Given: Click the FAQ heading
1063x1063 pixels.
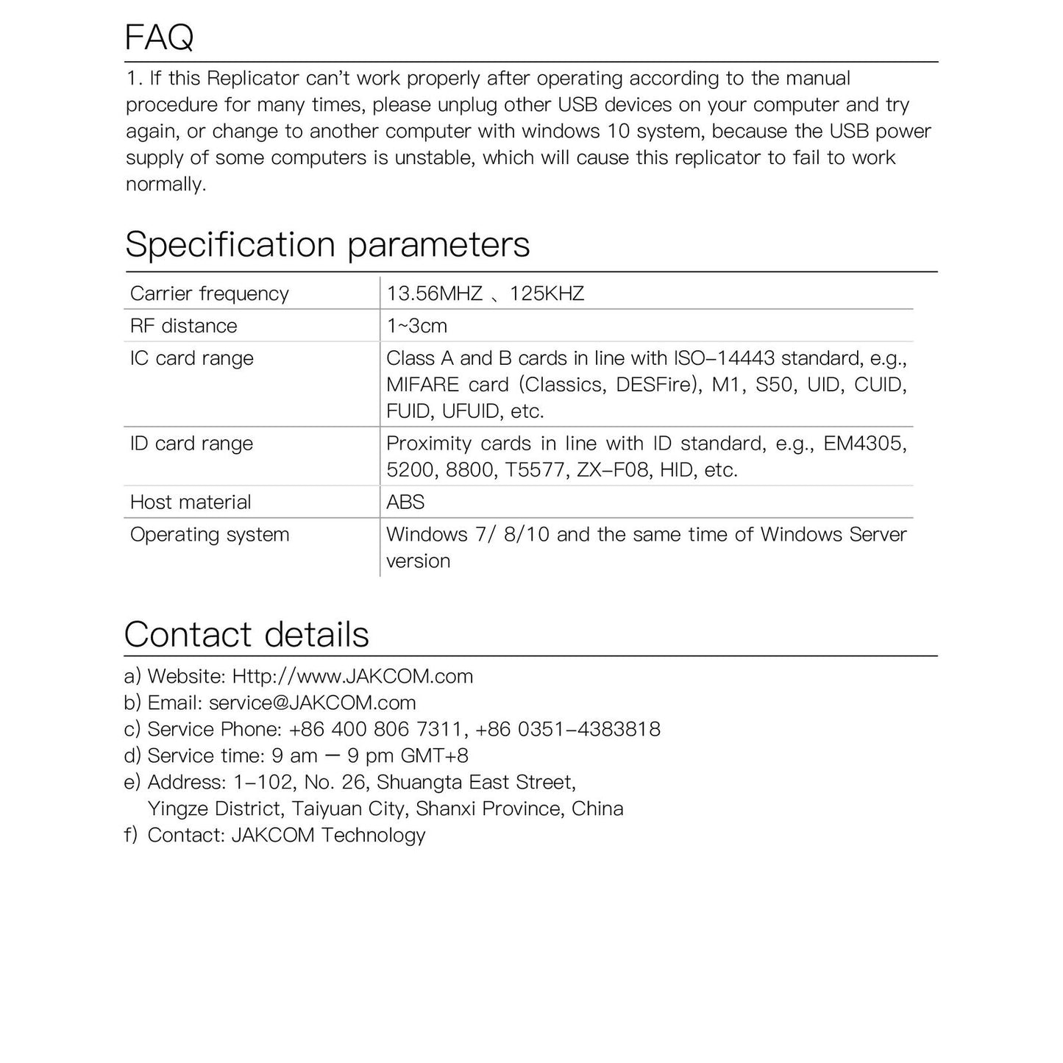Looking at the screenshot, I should click(x=159, y=38).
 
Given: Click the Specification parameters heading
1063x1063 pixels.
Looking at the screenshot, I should click(x=327, y=244).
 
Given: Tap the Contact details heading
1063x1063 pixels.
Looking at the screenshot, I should click(x=246, y=634).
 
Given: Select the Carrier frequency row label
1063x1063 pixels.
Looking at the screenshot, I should click(x=209, y=294).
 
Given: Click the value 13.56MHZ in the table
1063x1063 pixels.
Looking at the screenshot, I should click(x=434, y=294).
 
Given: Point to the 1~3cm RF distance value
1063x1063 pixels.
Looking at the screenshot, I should click(x=416, y=326).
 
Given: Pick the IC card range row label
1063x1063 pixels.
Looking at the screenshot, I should click(x=191, y=358).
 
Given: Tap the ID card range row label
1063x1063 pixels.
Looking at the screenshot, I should click(x=191, y=444).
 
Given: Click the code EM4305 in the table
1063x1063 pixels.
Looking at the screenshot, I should click(x=865, y=444).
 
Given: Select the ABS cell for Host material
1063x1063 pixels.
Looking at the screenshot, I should click(x=405, y=502).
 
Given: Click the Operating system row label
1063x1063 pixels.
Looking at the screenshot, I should click(x=209, y=535).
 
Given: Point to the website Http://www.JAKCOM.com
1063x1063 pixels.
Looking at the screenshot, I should click(x=352, y=676).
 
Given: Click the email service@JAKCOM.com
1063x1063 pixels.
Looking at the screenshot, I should click(x=312, y=703).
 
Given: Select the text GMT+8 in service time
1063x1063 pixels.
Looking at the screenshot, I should click(x=434, y=756).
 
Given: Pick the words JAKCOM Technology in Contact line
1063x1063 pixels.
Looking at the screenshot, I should click(x=328, y=835).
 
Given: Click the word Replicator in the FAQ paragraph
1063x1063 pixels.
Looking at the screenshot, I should click(x=252, y=78).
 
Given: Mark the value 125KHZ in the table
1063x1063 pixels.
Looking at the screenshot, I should click(x=547, y=294).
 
